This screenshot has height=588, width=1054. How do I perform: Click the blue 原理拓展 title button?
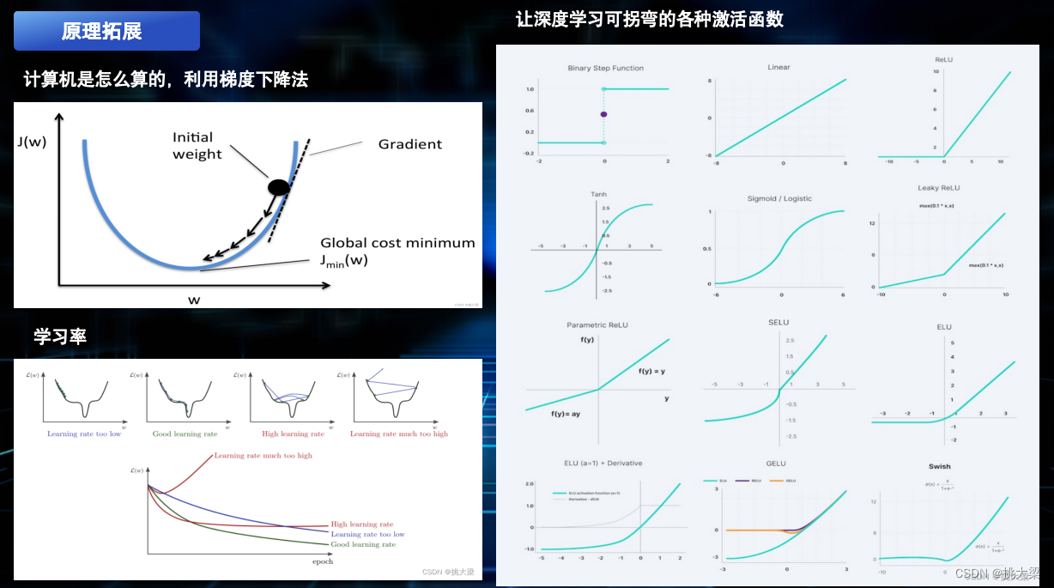tap(106, 32)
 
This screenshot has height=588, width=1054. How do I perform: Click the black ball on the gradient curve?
tap(279, 187)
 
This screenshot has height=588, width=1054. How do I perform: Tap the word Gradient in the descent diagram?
tap(410, 144)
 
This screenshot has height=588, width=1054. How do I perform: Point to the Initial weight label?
tap(197, 146)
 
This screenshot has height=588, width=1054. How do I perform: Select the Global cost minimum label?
tap(397, 243)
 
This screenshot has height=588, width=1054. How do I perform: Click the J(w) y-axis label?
tap(31, 142)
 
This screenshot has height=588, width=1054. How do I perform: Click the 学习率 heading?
tap(60, 336)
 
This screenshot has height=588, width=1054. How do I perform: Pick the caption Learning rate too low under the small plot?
tap(84, 434)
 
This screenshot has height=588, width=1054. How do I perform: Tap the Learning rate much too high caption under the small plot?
tap(399, 434)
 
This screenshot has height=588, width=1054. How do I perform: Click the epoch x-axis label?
tap(322, 561)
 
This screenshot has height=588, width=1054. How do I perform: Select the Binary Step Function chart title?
tap(605, 68)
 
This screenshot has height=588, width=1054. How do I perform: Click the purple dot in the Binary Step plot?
tap(603, 114)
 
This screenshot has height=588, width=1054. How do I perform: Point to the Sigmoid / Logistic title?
tap(779, 198)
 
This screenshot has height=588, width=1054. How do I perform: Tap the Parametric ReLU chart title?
tap(598, 325)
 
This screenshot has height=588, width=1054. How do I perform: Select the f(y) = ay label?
tap(566, 414)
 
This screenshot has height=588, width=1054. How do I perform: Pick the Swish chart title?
tap(939, 467)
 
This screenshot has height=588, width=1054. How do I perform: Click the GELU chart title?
tap(776, 464)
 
